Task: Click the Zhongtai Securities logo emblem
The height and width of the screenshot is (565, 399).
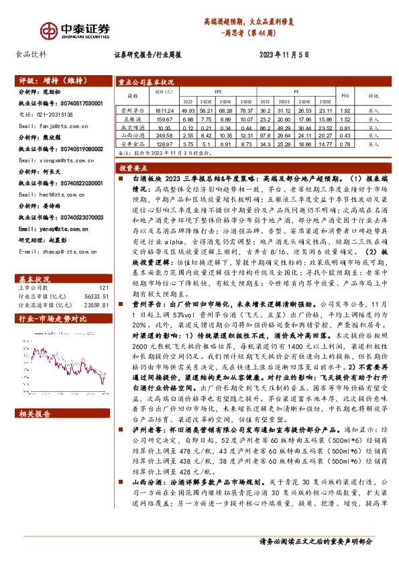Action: click(47, 31)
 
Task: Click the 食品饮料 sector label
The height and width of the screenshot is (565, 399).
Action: click(31, 56)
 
